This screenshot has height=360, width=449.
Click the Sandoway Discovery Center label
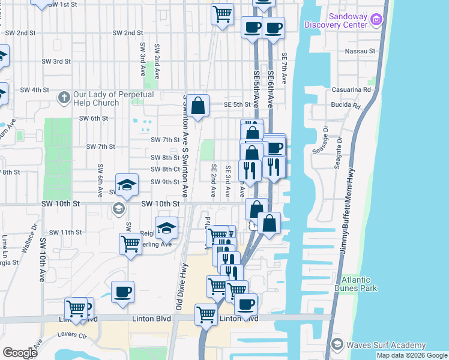336,20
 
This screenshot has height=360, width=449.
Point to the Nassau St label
360,52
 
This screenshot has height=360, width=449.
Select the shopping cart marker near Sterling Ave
130,244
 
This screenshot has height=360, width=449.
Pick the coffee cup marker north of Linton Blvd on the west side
122,292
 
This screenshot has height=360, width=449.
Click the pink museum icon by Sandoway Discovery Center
376,20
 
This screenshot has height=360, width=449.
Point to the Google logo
20,353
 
